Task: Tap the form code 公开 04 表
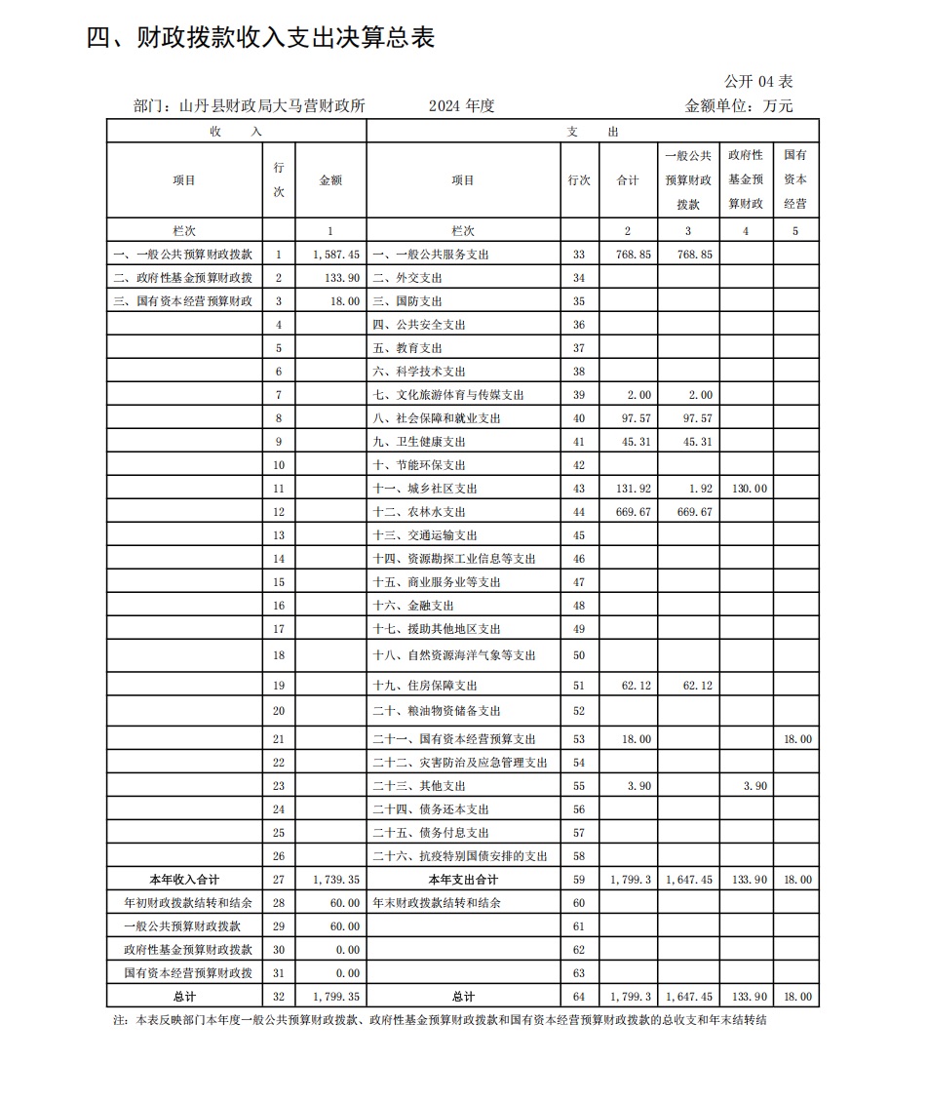point(758,81)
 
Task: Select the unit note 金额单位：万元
point(739,105)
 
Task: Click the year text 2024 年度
point(461,105)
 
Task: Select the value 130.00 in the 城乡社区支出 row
point(748,489)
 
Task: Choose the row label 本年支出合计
point(463,880)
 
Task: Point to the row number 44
point(578,512)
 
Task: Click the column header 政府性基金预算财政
point(747,179)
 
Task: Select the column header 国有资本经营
point(795,179)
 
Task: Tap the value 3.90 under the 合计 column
point(635,786)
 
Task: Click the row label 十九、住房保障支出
point(425,686)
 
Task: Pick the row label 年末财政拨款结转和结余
point(437,903)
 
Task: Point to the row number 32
point(278,997)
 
